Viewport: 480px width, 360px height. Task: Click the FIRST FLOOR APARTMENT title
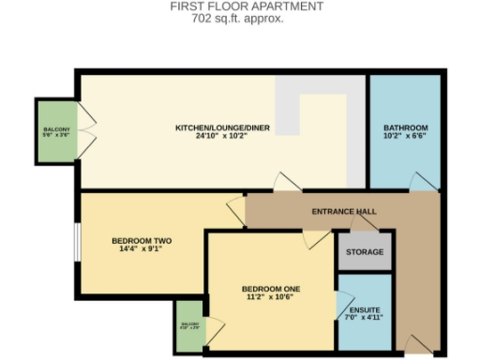247,6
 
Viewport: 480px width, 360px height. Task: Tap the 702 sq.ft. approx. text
247,17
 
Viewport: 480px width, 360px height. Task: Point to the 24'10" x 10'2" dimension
223,137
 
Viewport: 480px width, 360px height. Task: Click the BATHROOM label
405,127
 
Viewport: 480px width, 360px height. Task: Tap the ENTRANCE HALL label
344,211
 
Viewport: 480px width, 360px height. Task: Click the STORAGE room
364,251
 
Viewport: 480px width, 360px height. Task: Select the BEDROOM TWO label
142,241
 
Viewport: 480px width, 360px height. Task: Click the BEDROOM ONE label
270,288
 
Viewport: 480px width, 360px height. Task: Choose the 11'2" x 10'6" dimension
270,297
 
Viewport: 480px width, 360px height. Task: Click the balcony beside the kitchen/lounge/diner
56,131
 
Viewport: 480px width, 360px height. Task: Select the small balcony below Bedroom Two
188,326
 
